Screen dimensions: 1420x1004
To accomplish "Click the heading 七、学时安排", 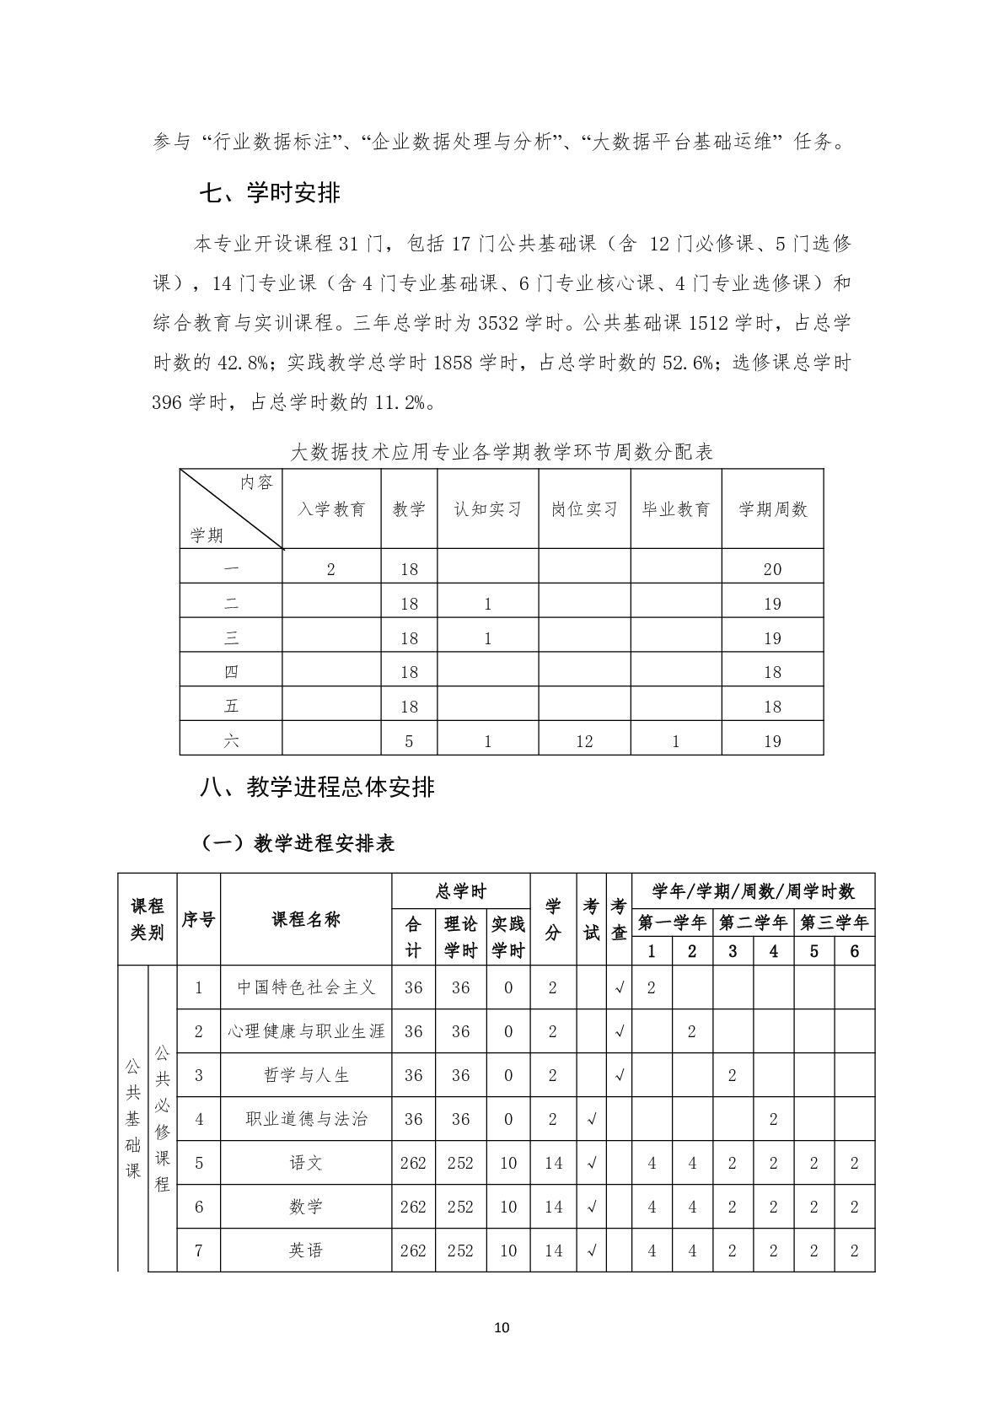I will click(x=270, y=193).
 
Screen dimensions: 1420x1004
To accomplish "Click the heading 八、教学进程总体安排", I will click(x=318, y=788).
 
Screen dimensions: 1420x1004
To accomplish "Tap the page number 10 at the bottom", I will click(x=502, y=1328).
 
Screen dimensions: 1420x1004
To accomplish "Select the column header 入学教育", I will click(x=332, y=509).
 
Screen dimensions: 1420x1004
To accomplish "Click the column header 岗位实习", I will click(x=584, y=509).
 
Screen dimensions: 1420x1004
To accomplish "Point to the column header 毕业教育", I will click(x=676, y=509).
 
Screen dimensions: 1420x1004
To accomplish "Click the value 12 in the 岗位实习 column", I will click(x=584, y=741).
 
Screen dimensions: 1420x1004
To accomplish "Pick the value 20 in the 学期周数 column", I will click(x=772, y=569).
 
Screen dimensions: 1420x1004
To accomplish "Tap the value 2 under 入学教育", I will click(x=331, y=569).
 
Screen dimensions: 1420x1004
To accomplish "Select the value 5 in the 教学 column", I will click(x=409, y=741).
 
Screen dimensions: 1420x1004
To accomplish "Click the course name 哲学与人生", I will click(x=306, y=1075).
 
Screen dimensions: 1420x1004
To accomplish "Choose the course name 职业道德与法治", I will click(x=306, y=1119).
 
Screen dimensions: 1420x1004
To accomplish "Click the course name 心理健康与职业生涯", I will click(x=306, y=1031).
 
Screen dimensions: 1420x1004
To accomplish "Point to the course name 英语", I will click(x=306, y=1251).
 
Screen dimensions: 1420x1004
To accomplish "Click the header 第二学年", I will click(x=753, y=922).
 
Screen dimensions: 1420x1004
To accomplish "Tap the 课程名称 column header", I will click(x=306, y=919).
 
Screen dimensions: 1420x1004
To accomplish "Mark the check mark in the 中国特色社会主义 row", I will click(x=619, y=987).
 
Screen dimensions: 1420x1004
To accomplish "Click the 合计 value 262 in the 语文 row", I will click(x=413, y=1163).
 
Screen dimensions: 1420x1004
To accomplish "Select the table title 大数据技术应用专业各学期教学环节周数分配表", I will click(x=502, y=453).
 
